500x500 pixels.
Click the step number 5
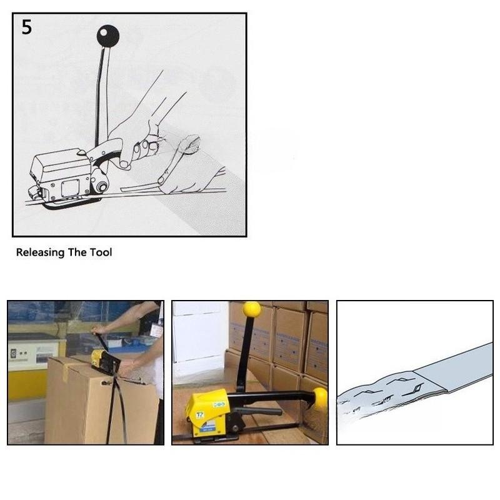(x=27, y=29)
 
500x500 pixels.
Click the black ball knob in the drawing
(x=107, y=36)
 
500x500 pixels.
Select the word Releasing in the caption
(x=39, y=252)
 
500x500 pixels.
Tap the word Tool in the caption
(x=102, y=252)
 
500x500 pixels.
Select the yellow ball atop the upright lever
(x=251, y=309)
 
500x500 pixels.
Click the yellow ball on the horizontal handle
(x=320, y=398)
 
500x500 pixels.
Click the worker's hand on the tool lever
(x=96, y=331)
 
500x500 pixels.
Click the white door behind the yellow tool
(x=200, y=337)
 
